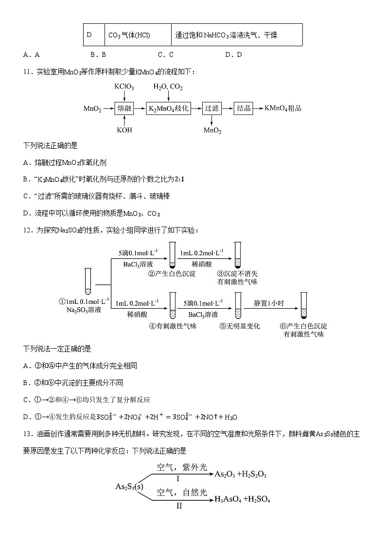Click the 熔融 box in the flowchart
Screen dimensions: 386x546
coord(124,108)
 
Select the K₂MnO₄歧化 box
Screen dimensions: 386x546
coord(168,108)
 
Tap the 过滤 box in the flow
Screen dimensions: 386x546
coord(211,108)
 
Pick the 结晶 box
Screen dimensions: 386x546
coord(244,108)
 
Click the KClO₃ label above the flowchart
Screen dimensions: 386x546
coord(124,87)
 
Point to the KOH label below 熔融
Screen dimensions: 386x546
coord(124,130)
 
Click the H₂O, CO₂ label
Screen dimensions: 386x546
coord(168,87)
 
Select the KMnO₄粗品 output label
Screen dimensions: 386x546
coord(283,108)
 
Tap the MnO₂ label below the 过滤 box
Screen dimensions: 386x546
coord(212,130)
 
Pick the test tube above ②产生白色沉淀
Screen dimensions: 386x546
coord(172,254)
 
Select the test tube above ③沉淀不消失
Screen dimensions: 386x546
coord(238,254)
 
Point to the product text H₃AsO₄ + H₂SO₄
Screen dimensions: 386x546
coord(242,499)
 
